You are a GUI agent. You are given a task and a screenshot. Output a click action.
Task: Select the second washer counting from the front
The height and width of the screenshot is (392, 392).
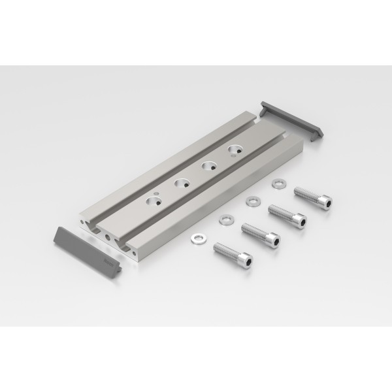(226, 218)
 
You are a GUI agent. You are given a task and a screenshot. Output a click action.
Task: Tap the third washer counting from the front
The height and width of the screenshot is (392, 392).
(252, 201)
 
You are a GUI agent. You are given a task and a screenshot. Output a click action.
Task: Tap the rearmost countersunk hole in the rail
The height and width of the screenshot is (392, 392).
(233, 152)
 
